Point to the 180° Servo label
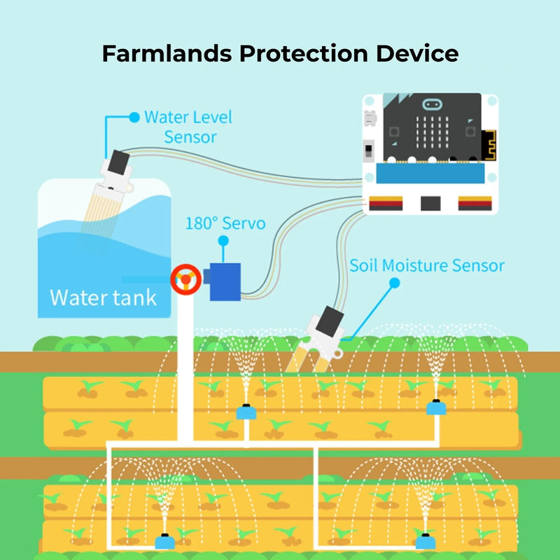click(225, 223)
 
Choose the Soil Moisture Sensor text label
click(427, 265)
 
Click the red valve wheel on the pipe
click(185, 279)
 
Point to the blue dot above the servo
click(224, 240)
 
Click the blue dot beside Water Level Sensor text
click(134, 115)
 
